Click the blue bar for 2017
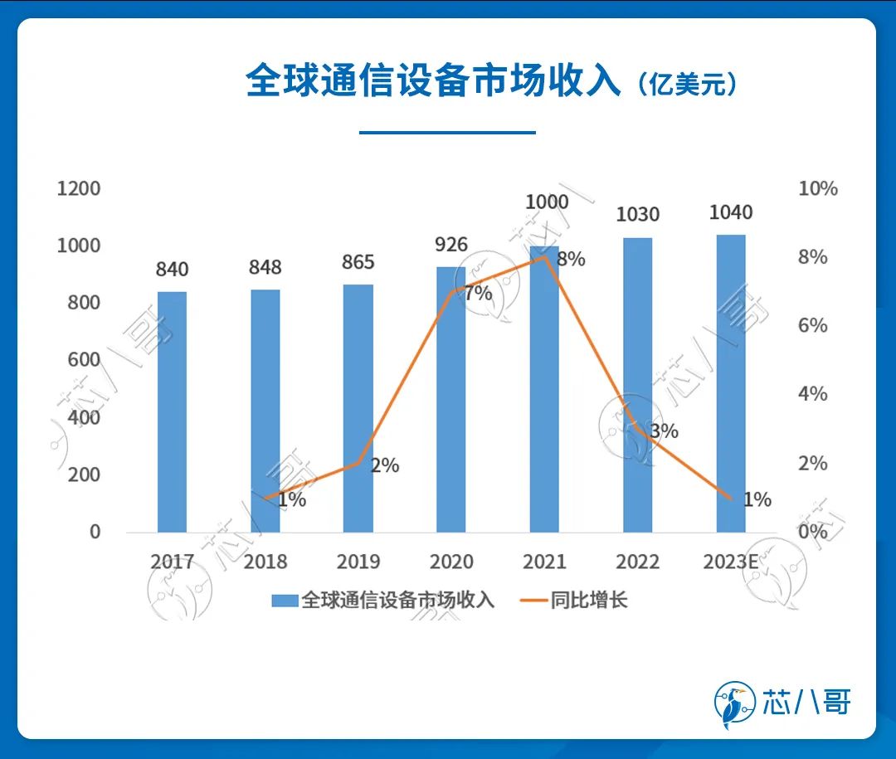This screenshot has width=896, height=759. (172, 411)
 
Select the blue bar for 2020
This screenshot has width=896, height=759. (451, 399)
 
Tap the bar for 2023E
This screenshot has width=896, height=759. (731, 383)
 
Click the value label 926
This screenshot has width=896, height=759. (451, 245)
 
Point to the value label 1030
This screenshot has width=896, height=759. (637, 215)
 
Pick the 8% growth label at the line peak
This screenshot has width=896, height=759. (571, 260)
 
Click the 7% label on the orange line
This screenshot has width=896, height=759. (479, 293)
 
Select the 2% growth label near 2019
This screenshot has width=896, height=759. (385, 465)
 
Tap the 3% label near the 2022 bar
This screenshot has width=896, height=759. (665, 431)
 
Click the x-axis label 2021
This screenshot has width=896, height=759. (544, 562)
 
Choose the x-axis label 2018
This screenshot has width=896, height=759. (265, 562)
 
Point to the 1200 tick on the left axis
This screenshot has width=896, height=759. (78, 188)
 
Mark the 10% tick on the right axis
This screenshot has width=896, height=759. (817, 188)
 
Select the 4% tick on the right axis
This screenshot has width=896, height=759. (812, 394)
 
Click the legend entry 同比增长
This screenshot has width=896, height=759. (589, 601)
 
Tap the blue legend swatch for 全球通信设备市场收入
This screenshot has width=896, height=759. (285, 601)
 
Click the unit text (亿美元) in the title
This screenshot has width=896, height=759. (688, 85)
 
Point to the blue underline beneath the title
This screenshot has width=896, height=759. (447, 132)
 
